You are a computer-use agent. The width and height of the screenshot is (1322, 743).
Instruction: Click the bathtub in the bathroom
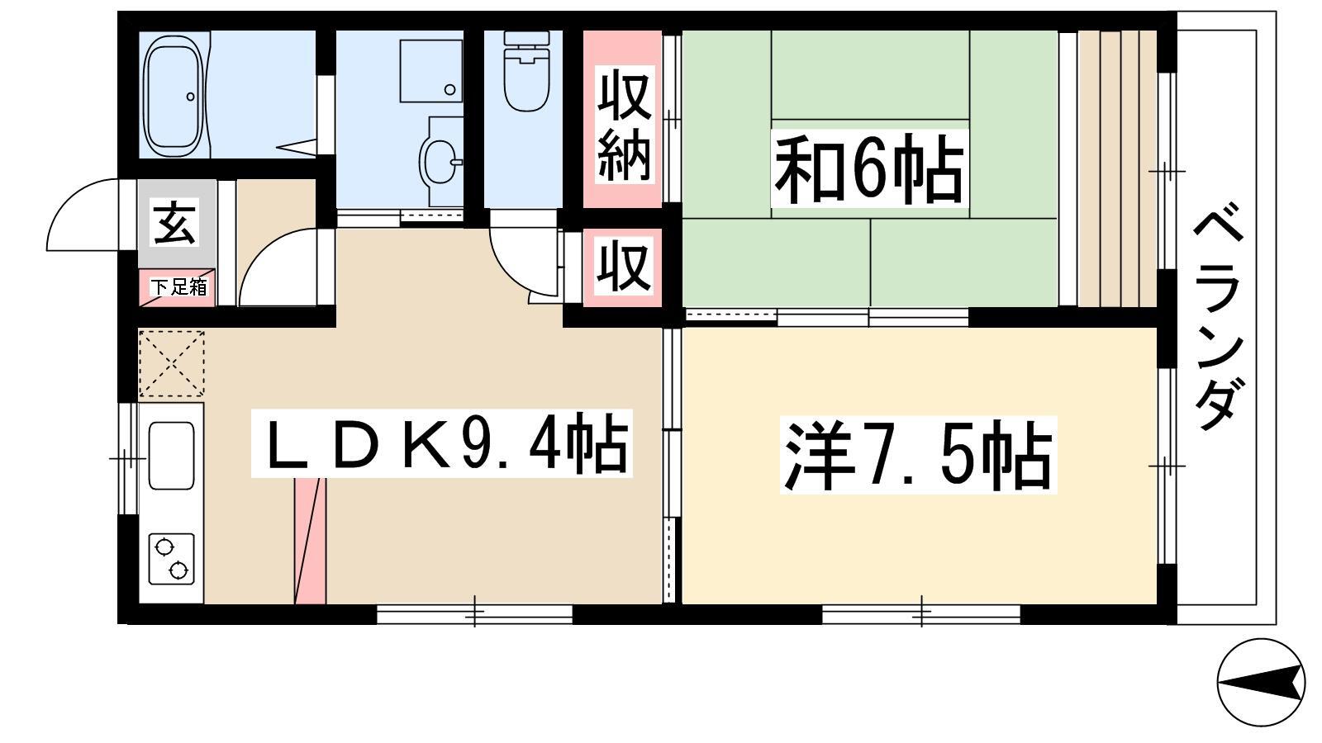pos(176,94)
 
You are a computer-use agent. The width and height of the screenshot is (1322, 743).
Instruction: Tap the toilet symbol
pos(526,71)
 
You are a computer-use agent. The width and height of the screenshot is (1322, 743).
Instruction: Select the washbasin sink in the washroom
pos(440,161)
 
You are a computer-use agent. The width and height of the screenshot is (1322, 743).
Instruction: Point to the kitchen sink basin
pos(171,456)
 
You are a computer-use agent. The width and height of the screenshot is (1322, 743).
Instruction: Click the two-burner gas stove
pos(171,559)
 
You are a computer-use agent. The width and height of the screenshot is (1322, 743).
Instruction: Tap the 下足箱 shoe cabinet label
pos(178,287)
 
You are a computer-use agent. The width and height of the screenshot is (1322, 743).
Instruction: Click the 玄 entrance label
pos(175,222)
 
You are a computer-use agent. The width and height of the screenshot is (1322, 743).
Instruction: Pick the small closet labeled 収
pos(624,267)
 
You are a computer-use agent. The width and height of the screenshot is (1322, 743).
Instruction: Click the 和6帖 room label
pos(868,168)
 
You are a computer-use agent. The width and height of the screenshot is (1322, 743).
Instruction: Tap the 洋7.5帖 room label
pos(918,456)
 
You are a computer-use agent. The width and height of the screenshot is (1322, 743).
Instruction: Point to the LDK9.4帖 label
pos(442,443)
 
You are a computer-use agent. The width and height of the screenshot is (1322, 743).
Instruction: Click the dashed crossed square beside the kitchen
pos(172,363)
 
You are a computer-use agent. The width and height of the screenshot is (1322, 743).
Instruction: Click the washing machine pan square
pos(430,71)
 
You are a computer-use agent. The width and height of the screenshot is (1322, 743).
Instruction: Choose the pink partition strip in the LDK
pos(310,541)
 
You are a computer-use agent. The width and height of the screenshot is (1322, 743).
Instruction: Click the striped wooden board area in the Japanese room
pos(1116,168)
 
